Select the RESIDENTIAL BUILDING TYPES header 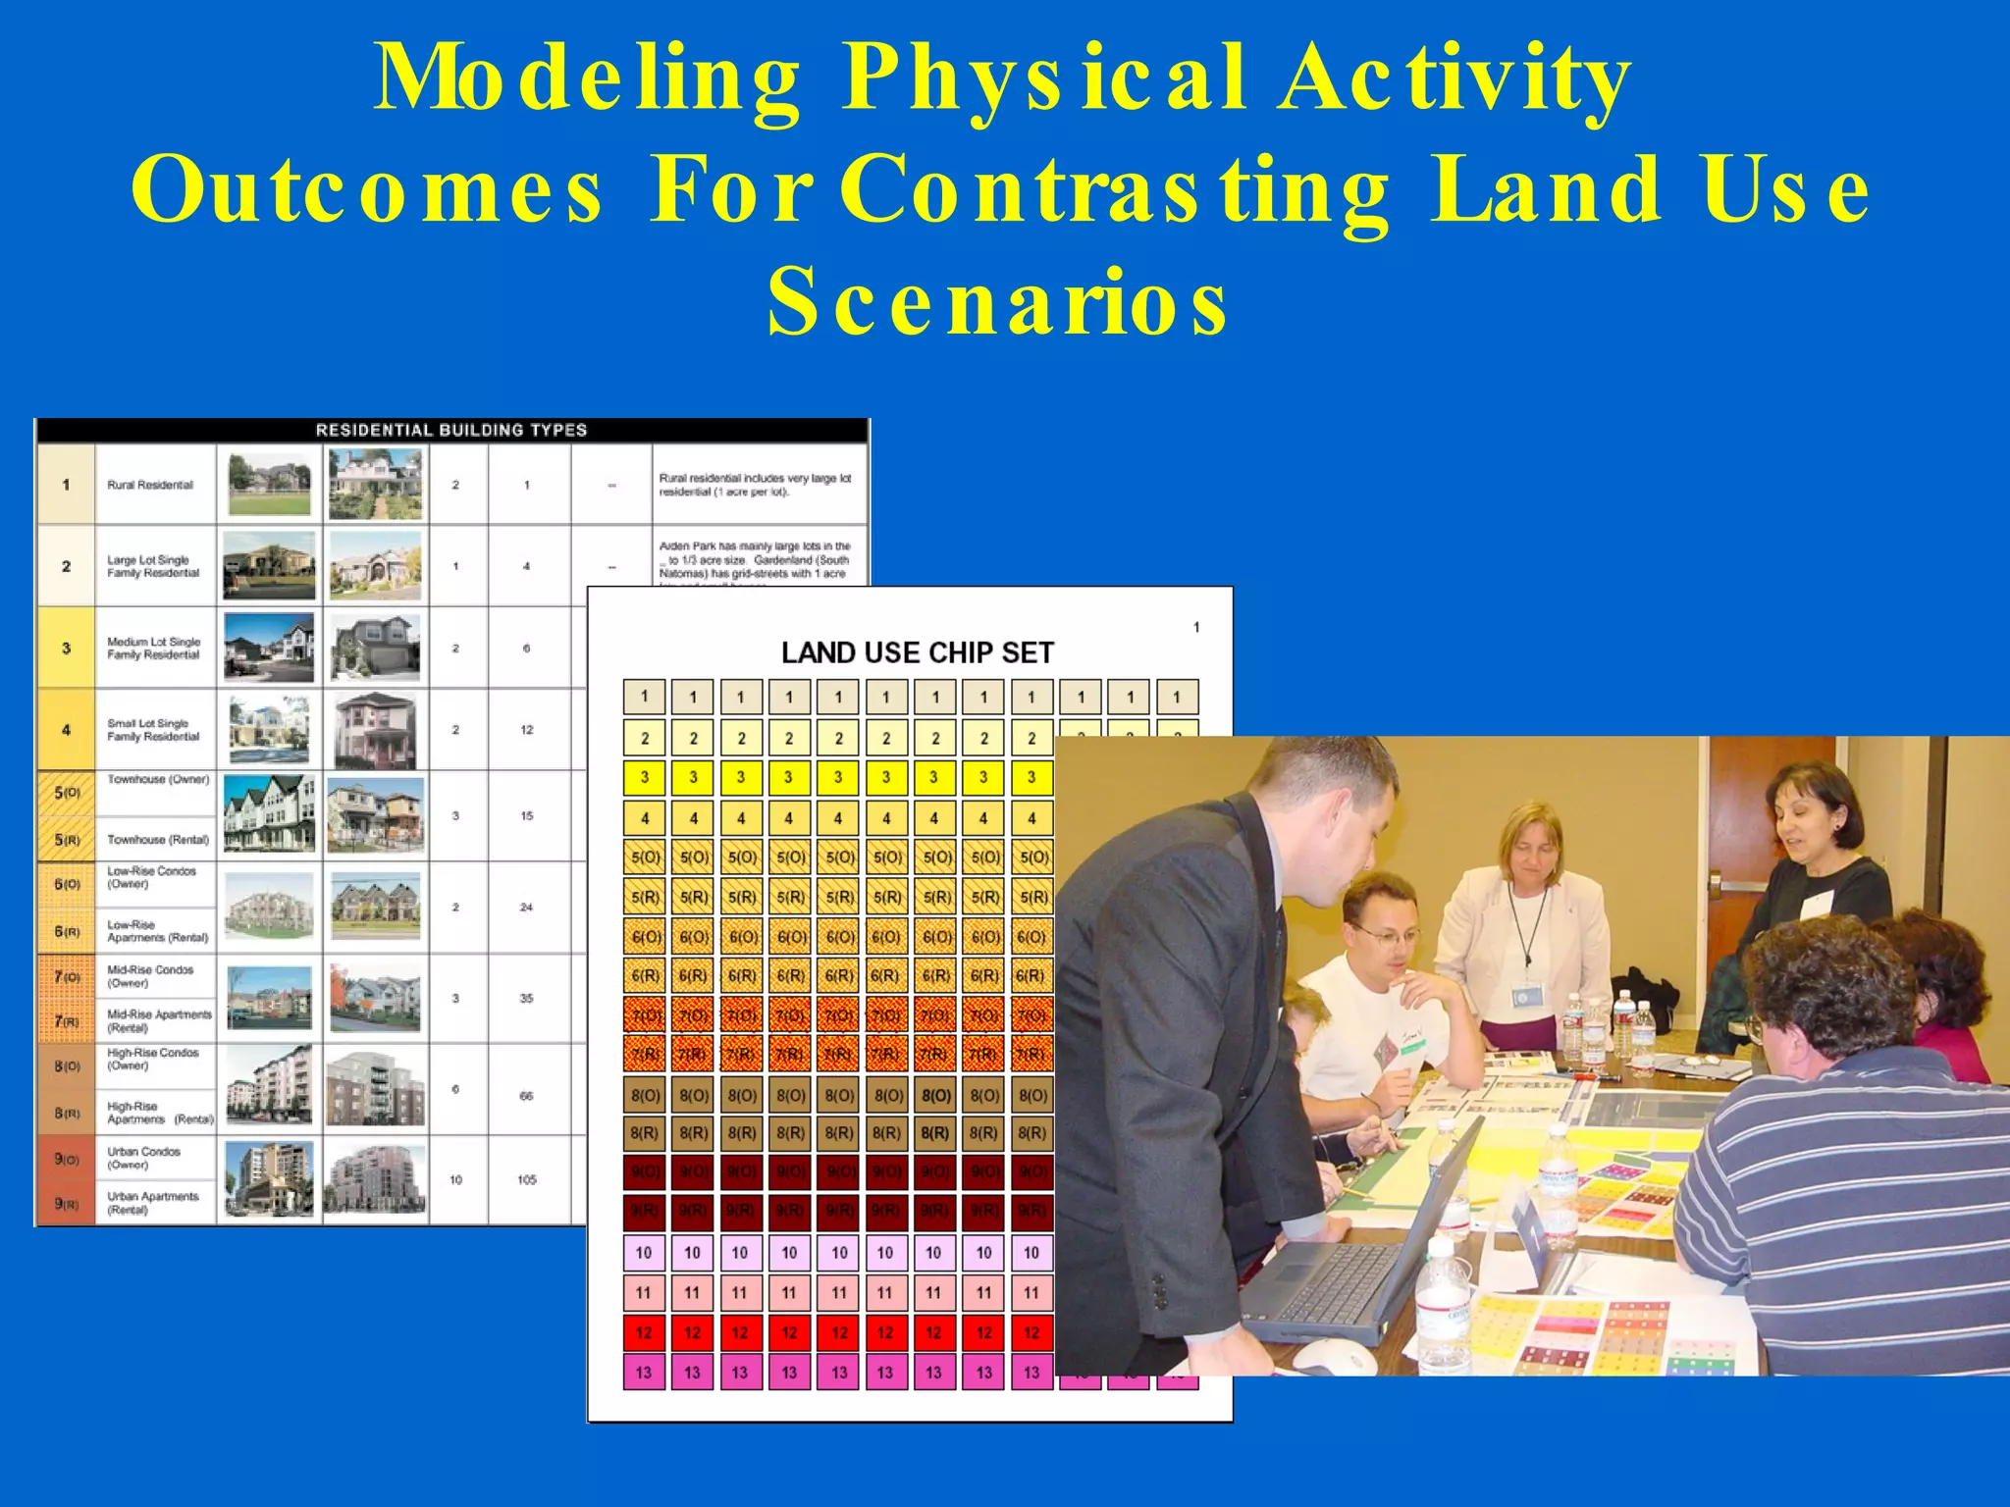tap(451, 430)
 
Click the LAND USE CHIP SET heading tap(917, 652)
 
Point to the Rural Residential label tap(150, 485)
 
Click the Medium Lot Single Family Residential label tap(153, 648)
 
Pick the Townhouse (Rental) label tap(158, 840)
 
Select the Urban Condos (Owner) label tap(143, 1158)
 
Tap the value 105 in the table tap(527, 1179)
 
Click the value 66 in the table tap(527, 1096)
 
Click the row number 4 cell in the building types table tap(66, 730)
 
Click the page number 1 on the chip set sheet tap(1196, 627)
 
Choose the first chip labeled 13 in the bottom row tap(644, 1372)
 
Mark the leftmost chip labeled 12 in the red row tap(644, 1332)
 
